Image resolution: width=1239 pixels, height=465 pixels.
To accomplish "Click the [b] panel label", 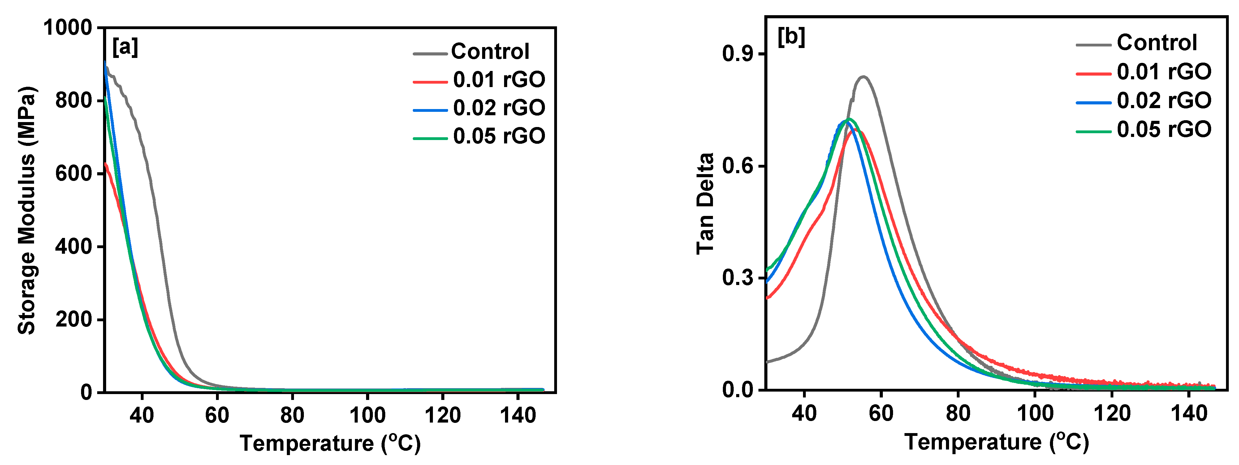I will pyautogui.click(x=791, y=37).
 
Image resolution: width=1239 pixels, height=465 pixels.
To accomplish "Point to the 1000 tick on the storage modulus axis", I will pyautogui.click(x=68, y=28).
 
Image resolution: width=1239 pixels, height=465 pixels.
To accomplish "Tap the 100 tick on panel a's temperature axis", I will pyautogui.click(x=368, y=415).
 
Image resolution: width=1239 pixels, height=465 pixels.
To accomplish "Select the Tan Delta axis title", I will pyautogui.click(x=706, y=203).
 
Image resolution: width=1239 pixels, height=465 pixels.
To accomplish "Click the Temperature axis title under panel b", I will pyautogui.click(x=997, y=442).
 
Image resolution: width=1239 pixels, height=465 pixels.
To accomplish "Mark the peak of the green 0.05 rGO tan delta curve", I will pyautogui.click(x=849, y=119).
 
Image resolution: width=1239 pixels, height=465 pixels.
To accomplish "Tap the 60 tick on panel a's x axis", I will pyautogui.click(x=217, y=415).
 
